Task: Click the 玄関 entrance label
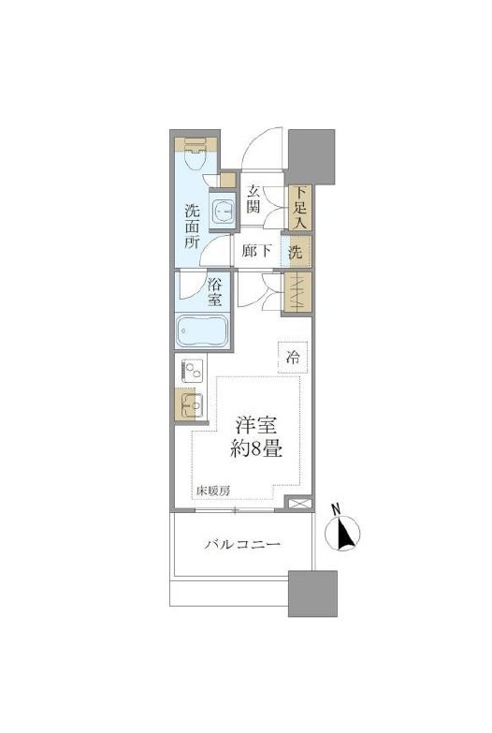tap(254, 198)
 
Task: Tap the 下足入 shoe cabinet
tap(299, 209)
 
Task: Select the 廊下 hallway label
tap(256, 251)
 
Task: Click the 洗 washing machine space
tap(297, 251)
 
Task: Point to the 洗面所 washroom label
tap(191, 225)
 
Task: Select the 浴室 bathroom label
tap(214, 292)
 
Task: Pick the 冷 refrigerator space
tap(294, 356)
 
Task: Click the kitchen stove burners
tap(193, 372)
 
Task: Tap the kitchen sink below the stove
tap(193, 406)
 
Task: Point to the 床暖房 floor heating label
tap(212, 490)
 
